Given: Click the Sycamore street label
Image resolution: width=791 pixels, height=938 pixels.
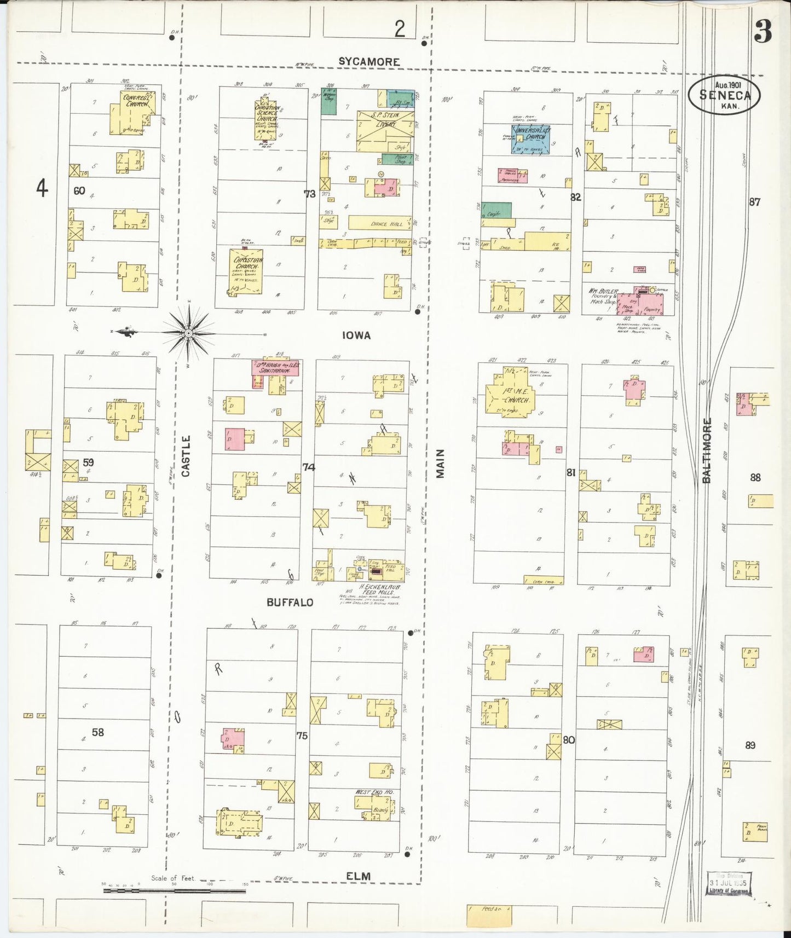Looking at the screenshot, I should point(368,61).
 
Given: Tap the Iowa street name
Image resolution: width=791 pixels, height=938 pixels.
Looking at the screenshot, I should point(356,335).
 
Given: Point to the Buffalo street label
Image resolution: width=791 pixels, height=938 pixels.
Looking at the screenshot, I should point(290,602).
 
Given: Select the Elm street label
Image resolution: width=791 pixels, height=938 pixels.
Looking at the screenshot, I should point(358,876).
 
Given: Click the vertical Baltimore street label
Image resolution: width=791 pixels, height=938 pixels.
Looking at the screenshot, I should point(707,450).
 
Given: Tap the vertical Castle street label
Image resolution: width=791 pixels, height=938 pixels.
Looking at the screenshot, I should point(186,456).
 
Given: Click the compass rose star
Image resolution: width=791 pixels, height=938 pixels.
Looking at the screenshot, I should point(188,332).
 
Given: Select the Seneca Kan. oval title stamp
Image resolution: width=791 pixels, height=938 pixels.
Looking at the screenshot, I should point(724,95).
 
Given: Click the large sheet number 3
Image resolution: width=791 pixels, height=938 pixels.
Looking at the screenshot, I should point(763,32).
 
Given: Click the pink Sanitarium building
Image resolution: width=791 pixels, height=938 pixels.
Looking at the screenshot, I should point(275,367).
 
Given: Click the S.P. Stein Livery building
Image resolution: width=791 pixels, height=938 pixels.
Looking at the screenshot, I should point(385,130).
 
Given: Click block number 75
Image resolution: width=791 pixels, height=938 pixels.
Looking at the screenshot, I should point(302,736).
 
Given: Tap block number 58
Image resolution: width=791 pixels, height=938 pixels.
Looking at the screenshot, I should point(97,732).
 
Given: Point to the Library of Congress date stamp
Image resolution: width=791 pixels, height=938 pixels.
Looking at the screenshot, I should point(729,884).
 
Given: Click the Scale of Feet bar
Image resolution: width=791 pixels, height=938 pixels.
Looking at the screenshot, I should point(174,891).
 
